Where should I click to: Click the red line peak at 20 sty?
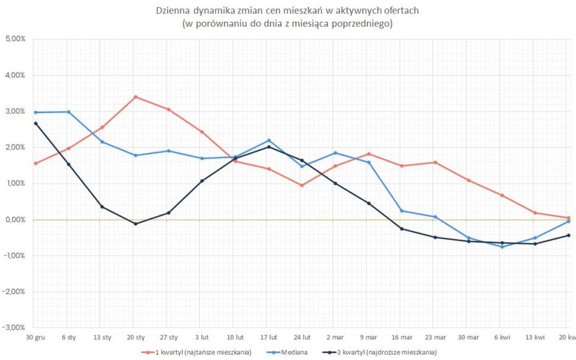tap(135, 97)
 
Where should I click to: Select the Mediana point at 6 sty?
tap(69, 112)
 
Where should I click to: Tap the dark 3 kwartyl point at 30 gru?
tap(35, 123)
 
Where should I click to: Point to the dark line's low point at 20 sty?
tap(135, 223)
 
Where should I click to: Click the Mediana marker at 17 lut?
tap(269, 141)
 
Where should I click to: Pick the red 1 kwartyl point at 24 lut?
tap(302, 185)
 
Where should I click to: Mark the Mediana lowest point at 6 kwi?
tap(502, 246)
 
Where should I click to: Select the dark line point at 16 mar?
tap(402, 229)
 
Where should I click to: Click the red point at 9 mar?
tap(369, 154)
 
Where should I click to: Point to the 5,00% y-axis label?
tap(15, 39)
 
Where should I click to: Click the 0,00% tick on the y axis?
tap(15, 219)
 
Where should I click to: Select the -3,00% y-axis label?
tap(15, 327)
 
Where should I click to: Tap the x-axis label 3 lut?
tap(202, 337)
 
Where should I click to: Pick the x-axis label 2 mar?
tap(335, 337)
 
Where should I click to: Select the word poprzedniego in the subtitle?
tap(367, 24)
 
